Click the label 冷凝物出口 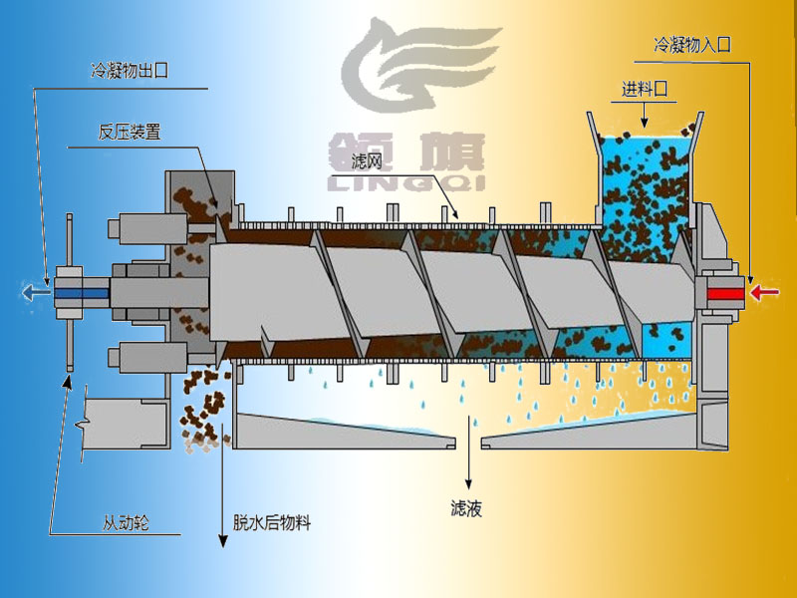130,70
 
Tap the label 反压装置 130,133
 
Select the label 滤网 367,161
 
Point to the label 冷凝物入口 691,45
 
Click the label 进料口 644,90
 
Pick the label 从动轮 126,522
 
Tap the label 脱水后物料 271,522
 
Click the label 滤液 466,508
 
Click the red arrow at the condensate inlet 765,293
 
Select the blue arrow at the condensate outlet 36,292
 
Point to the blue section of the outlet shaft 82,293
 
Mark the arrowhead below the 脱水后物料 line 222,540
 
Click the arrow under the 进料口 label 644,116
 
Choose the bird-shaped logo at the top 420,65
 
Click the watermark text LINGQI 404,183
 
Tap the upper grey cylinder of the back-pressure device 147,229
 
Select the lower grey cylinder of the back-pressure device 147,358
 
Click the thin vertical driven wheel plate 70,292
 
